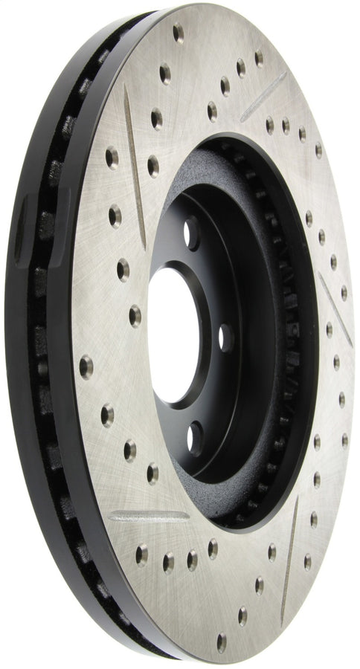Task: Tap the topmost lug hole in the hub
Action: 192,233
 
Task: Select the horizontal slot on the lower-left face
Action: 148,515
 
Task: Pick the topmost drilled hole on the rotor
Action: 178,33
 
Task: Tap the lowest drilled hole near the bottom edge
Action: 221,641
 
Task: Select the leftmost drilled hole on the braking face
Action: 86,366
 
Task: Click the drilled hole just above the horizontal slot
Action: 152,473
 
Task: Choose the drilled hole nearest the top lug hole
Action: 152,166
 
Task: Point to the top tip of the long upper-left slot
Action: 126,87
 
